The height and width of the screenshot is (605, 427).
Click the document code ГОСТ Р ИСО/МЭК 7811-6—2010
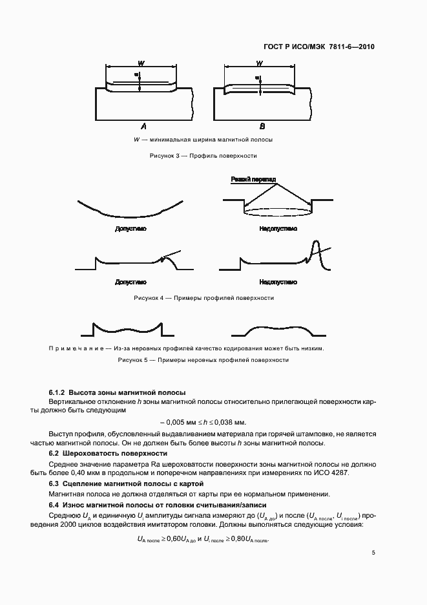pos(319,47)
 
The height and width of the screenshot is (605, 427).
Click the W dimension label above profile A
pos(141,63)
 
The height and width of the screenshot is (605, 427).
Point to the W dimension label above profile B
pos(259,63)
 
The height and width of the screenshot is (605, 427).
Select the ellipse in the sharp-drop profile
pos(279,211)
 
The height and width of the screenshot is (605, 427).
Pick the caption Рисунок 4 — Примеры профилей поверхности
pos(203,298)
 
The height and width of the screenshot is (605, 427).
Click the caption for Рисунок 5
pos(203,360)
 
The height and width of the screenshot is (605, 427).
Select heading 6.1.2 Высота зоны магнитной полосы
pos(118,392)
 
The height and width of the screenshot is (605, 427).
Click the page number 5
pos(373,553)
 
